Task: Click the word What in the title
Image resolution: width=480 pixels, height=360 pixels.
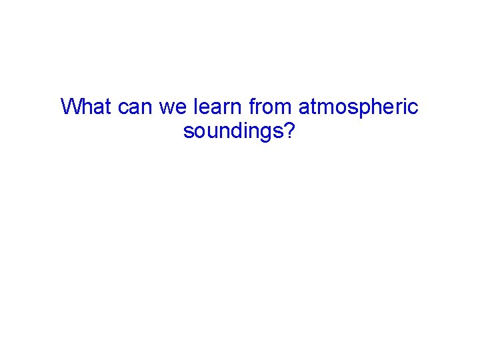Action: click(x=87, y=107)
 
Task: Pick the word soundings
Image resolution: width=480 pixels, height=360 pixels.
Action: click(x=233, y=131)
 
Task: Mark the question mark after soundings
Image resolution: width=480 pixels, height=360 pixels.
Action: click(x=289, y=131)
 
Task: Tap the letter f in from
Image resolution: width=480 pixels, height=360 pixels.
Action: click(x=252, y=107)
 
